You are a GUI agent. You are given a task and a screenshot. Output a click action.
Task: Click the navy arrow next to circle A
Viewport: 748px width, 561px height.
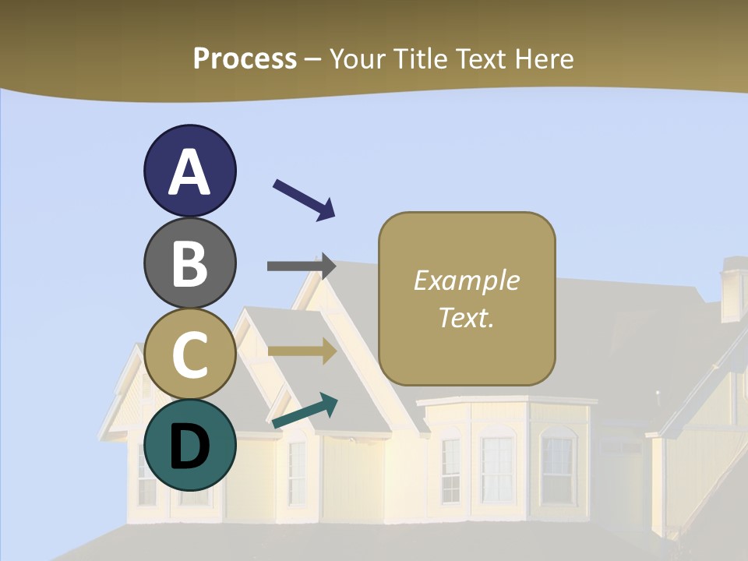(304, 199)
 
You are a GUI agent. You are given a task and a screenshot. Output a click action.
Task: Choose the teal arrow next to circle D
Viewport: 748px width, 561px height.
(305, 411)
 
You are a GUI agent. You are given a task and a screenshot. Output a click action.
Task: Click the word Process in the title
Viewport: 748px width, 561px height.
(245, 58)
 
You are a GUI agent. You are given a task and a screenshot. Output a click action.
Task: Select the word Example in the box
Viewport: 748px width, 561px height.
(467, 280)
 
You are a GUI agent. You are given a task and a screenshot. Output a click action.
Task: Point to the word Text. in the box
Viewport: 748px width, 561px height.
(467, 317)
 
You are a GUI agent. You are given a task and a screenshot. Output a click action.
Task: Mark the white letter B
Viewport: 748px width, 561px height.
(190, 263)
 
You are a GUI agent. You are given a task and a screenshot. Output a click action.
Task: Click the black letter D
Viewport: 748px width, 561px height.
(190, 446)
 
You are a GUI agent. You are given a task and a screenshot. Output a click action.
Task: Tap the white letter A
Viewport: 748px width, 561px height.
(190, 171)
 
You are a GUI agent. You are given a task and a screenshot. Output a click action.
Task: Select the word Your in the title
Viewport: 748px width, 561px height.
(358, 58)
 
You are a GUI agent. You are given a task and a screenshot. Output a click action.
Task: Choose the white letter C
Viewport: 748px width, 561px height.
(190, 355)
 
